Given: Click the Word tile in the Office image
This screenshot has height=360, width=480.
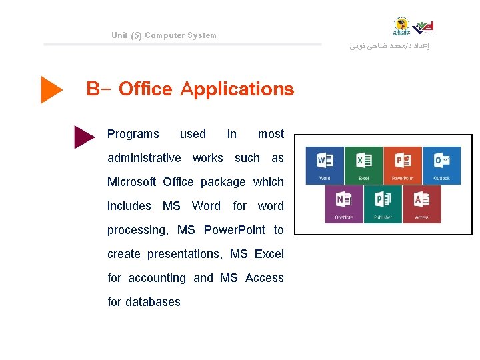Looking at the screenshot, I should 325,165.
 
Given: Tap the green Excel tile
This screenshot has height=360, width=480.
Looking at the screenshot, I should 364,165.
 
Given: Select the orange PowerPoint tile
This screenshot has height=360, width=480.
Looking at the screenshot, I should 403,165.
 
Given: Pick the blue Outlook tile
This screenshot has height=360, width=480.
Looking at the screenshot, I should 441,165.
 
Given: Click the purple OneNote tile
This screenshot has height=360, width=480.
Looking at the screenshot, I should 344,204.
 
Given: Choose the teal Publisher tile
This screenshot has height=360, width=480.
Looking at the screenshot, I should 383,204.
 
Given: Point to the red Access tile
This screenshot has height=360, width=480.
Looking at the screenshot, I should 422,204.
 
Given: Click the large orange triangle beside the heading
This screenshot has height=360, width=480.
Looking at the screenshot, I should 51,89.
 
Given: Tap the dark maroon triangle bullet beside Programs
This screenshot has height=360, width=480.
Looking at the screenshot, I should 84,136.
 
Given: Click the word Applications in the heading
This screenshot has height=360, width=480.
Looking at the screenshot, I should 237,89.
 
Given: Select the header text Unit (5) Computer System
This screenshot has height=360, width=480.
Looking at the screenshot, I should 164,35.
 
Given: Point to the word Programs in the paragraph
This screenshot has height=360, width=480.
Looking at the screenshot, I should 133,134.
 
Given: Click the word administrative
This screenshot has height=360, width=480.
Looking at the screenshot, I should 144,158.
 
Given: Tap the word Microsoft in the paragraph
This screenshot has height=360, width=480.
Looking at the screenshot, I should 131,182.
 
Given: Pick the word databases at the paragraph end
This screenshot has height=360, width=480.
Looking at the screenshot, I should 153,302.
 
